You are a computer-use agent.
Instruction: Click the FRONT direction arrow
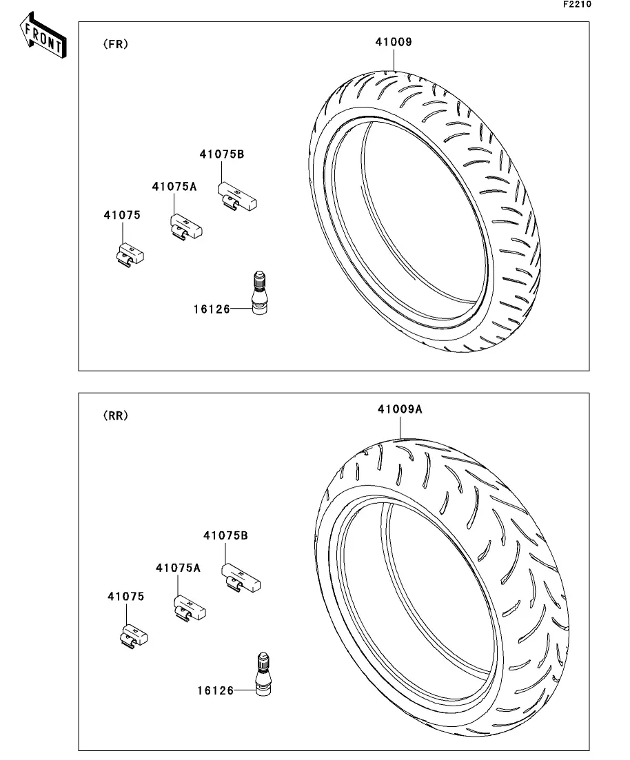[43, 36]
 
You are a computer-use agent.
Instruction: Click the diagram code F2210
[577, 4]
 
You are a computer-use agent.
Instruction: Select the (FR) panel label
[115, 44]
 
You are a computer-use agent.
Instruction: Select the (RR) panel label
[115, 415]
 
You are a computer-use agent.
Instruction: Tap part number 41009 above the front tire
[394, 41]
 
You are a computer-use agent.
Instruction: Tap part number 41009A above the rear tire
[400, 409]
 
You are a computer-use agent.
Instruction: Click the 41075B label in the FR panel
[222, 154]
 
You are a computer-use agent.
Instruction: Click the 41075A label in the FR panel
[174, 187]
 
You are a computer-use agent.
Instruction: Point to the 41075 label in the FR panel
[122, 215]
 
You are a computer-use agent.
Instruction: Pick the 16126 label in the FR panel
[212, 309]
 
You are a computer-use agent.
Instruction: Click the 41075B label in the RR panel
[225, 535]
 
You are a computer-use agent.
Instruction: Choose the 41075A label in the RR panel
[178, 568]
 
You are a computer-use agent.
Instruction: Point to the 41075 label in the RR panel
[125, 596]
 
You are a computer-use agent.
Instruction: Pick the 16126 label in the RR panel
[215, 690]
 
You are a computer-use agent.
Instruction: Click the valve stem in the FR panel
[259, 294]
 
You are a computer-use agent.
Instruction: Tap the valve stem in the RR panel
[263, 675]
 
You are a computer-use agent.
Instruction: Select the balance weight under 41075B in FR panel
[237, 196]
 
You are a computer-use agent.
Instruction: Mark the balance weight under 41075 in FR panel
[130, 255]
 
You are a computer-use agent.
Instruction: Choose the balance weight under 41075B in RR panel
[241, 578]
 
